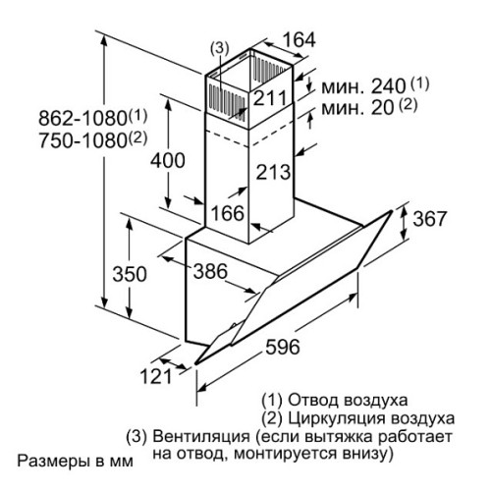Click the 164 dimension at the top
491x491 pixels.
coord(299,40)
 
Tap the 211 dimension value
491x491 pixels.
coord(270,97)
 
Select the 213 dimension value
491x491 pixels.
coord(273,172)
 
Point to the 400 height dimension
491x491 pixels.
coord(168,160)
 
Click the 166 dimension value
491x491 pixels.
coord(228,213)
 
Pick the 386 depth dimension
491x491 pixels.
coord(210,271)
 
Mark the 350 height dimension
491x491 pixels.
coord(130,274)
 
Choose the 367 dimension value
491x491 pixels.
coord(429,219)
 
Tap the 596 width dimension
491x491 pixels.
coord(283,347)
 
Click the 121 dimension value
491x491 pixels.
coord(156,376)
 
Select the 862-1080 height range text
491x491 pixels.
coord(93,118)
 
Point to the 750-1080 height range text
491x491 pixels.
coord(93,140)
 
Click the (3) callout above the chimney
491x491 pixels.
coord(219,48)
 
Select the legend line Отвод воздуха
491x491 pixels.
coord(335,400)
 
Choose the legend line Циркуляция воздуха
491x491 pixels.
coord(358,418)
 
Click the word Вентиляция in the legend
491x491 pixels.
coord(201,437)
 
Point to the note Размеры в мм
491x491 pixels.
coord(76,462)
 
